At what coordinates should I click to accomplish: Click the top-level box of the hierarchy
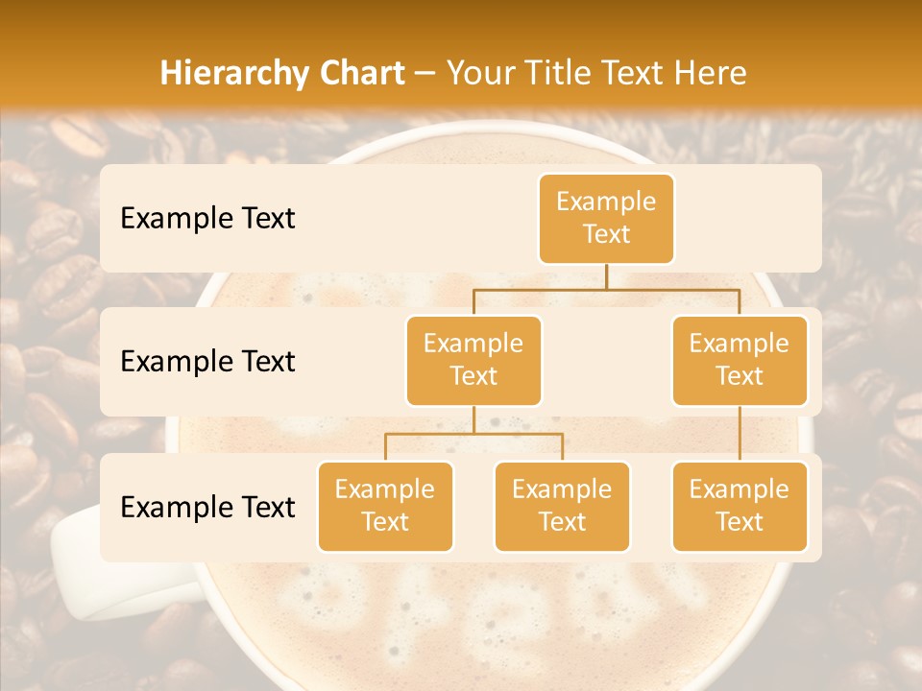[606, 218]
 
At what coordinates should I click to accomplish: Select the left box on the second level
[473, 360]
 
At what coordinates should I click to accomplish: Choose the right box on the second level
[740, 360]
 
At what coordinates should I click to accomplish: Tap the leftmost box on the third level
[385, 506]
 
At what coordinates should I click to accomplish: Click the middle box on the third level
[562, 506]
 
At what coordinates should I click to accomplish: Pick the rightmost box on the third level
[740, 506]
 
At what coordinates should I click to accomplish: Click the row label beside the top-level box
[207, 218]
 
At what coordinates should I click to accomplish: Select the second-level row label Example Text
[207, 361]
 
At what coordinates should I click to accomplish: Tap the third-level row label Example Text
[207, 507]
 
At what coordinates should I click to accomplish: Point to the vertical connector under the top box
[606, 276]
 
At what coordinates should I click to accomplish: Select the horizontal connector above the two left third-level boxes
[473, 434]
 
